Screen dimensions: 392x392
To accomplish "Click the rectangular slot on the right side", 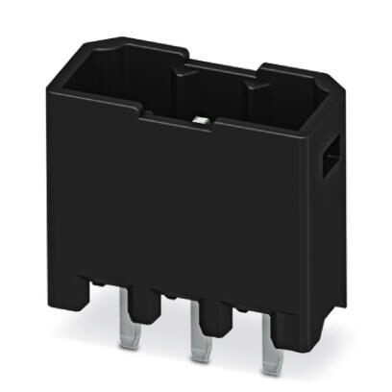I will [329, 156].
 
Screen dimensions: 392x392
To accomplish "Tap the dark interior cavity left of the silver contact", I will [135, 82].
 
